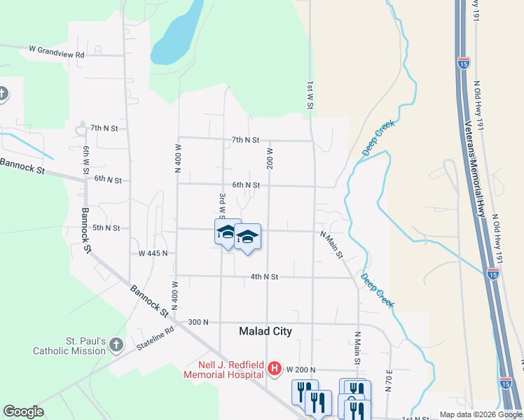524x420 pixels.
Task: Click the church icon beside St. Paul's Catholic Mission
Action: tap(116, 345)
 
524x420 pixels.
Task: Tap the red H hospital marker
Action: tap(275, 368)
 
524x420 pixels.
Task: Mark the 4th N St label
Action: tap(264, 277)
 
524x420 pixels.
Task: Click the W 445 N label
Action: tap(153, 253)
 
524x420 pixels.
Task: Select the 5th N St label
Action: tap(106, 227)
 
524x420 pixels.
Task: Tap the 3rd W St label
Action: tap(221, 208)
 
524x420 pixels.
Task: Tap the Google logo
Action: tap(24, 412)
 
